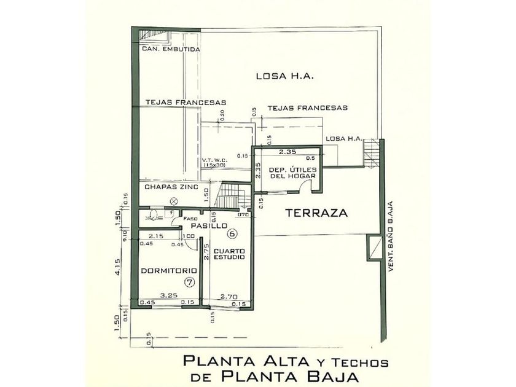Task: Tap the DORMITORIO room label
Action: (168, 270)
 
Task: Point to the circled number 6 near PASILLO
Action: (232, 233)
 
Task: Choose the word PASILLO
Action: (205, 226)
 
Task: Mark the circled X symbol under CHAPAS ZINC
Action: (175, 201)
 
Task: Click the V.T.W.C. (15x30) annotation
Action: (214, 163)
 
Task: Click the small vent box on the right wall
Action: (372, 246)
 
